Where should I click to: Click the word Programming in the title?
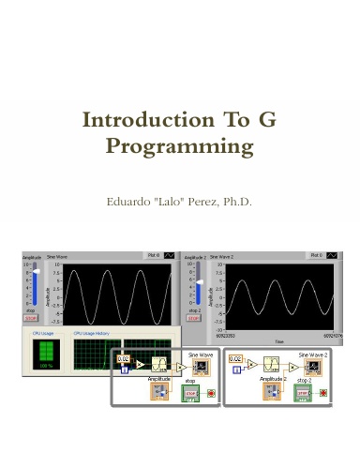[180, 147]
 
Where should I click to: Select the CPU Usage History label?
[92, 332]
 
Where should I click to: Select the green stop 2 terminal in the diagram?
[303, 394]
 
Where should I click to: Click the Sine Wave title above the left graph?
[58, 255]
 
